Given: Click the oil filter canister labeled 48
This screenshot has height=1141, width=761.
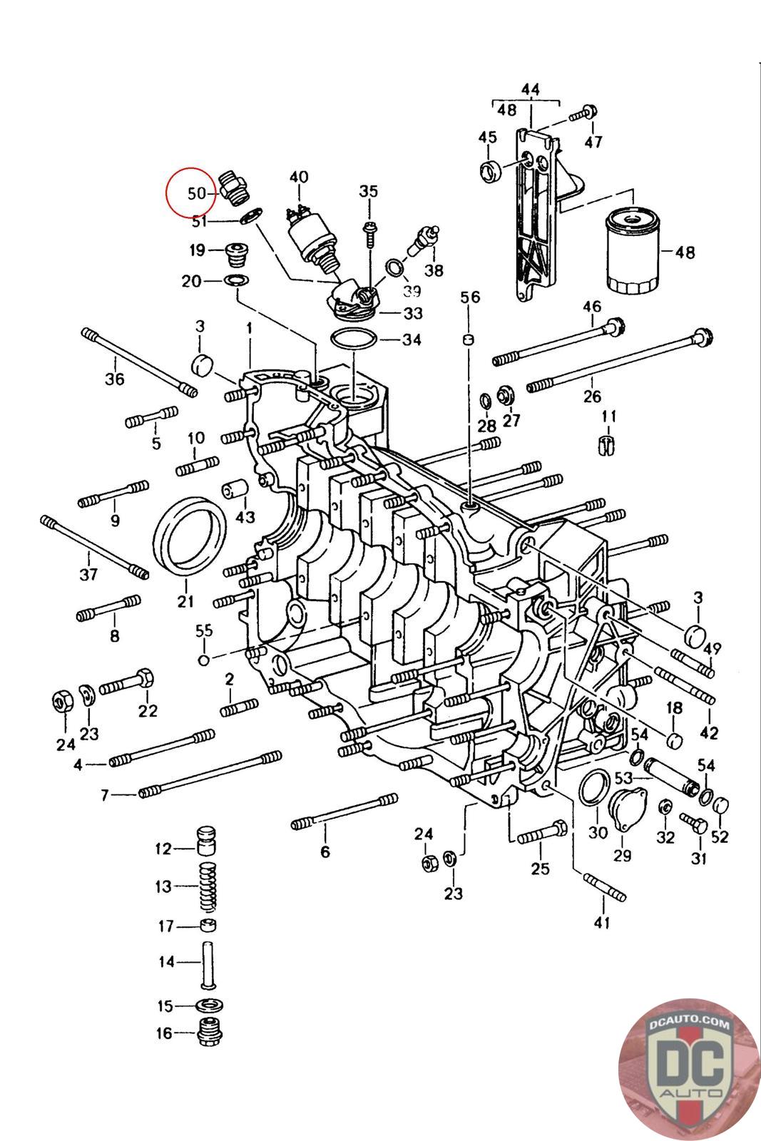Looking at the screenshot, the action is click(632, 252).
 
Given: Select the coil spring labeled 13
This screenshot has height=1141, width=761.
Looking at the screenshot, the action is click(207, 887).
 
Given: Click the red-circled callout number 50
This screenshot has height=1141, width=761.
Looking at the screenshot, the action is click(197, 193).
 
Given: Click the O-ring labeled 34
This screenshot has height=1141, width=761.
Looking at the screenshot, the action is click(354, 340).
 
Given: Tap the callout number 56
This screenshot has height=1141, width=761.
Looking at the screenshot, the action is click(469, 297).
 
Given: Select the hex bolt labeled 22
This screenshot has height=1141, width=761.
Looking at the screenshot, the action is click(127, 684).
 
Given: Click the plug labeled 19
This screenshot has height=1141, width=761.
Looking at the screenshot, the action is click(235, 255).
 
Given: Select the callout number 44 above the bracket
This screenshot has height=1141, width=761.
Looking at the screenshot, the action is click(530, 90).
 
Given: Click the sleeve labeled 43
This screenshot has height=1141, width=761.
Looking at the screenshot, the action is click(235, 488).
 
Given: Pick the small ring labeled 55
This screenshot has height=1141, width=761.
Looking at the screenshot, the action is click(204, 660).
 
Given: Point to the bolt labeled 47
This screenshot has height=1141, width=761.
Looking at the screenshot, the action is click(583, 113).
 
